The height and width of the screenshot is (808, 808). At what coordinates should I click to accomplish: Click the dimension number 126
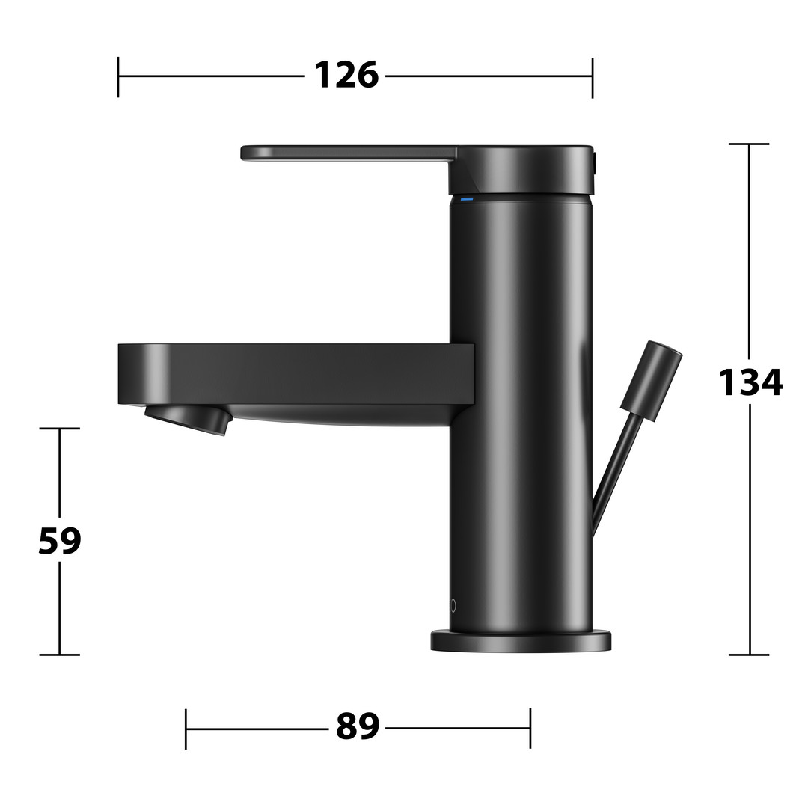coord(346,76)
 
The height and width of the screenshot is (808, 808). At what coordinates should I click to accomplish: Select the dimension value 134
coord(750,382)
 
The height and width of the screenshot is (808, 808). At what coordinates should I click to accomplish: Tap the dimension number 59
coord(60,541)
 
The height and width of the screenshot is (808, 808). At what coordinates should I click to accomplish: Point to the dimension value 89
coord(357,726)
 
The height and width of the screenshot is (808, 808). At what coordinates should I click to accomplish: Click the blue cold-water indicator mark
coord(467,199)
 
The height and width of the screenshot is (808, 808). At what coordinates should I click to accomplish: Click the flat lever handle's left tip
coord(243,153)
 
